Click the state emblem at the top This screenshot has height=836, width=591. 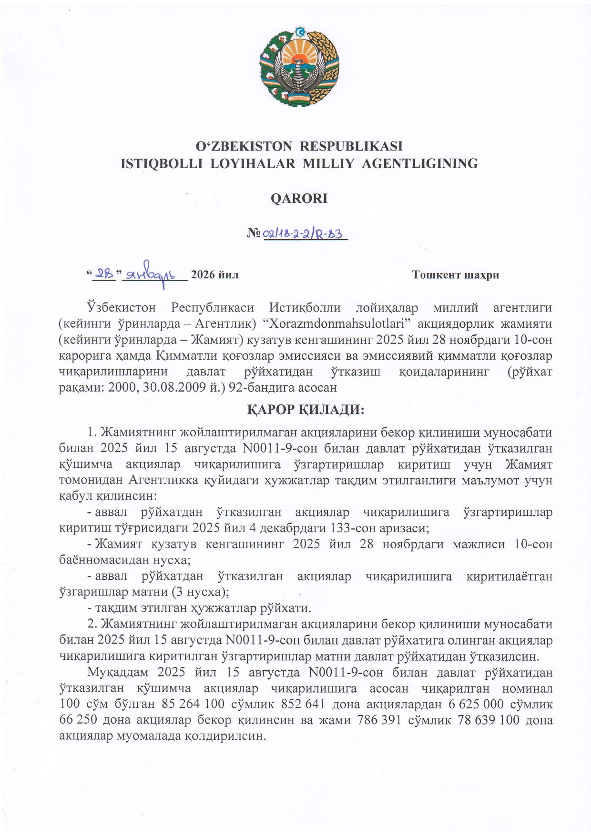pos(299,66)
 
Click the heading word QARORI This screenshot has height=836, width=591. pos(299,199)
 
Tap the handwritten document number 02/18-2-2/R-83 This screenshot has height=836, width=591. pos(306,234)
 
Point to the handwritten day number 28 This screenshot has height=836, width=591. pos(103,274)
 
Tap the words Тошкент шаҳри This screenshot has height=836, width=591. pos(455,275)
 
